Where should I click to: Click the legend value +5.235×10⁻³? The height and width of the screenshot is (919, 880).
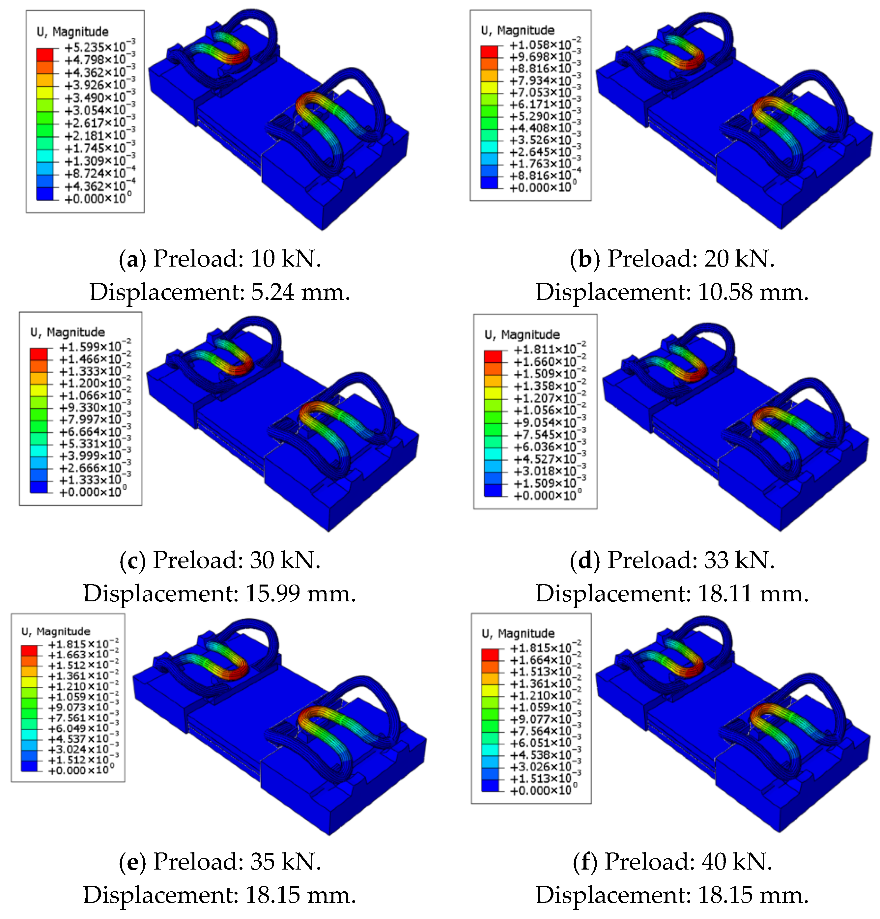[100, 46]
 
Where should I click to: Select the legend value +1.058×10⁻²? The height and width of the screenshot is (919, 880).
[545, 44]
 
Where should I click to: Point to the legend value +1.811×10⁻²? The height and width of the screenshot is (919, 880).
[550, 349]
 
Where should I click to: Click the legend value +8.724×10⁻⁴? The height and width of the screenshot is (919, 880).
[100, 173]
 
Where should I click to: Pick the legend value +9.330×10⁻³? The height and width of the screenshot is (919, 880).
[95, 407]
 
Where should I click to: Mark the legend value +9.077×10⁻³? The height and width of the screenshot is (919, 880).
[545, 718]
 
